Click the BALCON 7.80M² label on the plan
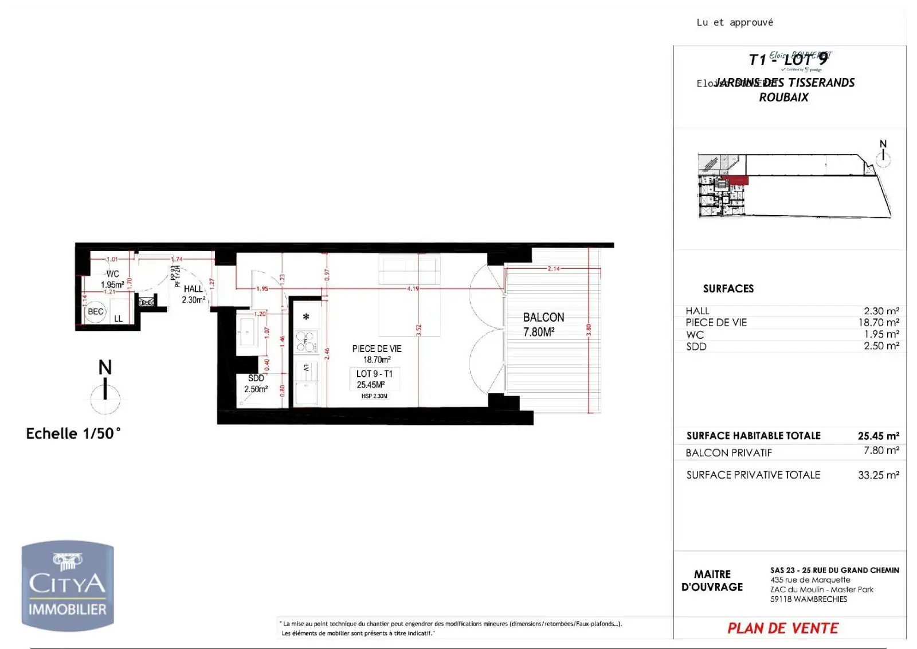pyautogui.click(x=543, y=324)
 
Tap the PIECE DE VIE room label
pyautogui.click(x=377, y=354)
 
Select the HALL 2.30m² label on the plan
pyautogui.click(x=193, y=294)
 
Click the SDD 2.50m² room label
pyautogui.click(x=256, y=384)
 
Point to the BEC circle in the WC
pyautogui.click(x=95, y=312)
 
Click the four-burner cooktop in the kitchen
pyautogui.click(x=305, y=341)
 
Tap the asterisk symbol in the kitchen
pyautogui.click(x=306, y=317)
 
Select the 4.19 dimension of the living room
pyautogui.click(x=413, y=288)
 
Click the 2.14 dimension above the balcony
pyautogui.click(x=553, y=268)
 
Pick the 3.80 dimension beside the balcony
pyautogui.click(x=589, y=330)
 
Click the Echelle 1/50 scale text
pyautogui.click(x=73, y=433)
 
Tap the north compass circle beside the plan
pyautogui.click(x=105, y=399)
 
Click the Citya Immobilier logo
pyautogui.click(x=68, y=586)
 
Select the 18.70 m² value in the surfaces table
pyautogui.click(x=878, y=323)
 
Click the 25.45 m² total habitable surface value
pyautogui.click(x=878, y=436)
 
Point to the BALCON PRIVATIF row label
pyautogui.click(x=728, y=453)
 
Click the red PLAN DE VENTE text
pyautogui.click(x=782, y=628)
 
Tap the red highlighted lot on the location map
pyautogui.click(x=738, y=180)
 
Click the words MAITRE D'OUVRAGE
pyautogui.click(x=712, y=580)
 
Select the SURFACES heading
pyautogui.click(x=728, y=288)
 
